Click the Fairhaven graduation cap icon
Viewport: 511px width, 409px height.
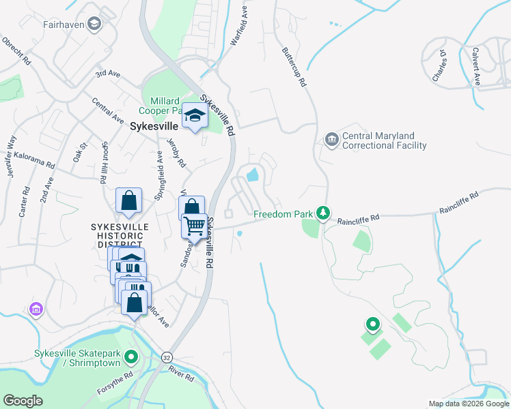(94, 24)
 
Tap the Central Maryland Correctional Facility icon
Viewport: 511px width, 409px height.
(332, 140)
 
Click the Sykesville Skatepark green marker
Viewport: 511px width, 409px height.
(132, 356)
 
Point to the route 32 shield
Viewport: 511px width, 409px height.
(167, 357)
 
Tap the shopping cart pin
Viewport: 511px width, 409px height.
(195, 225)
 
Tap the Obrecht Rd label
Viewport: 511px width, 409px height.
(17, 50)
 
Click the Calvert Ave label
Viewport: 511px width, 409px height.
(474, 67)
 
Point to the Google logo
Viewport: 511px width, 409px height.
(23, 401)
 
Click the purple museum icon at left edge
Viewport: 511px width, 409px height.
(35, 310)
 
